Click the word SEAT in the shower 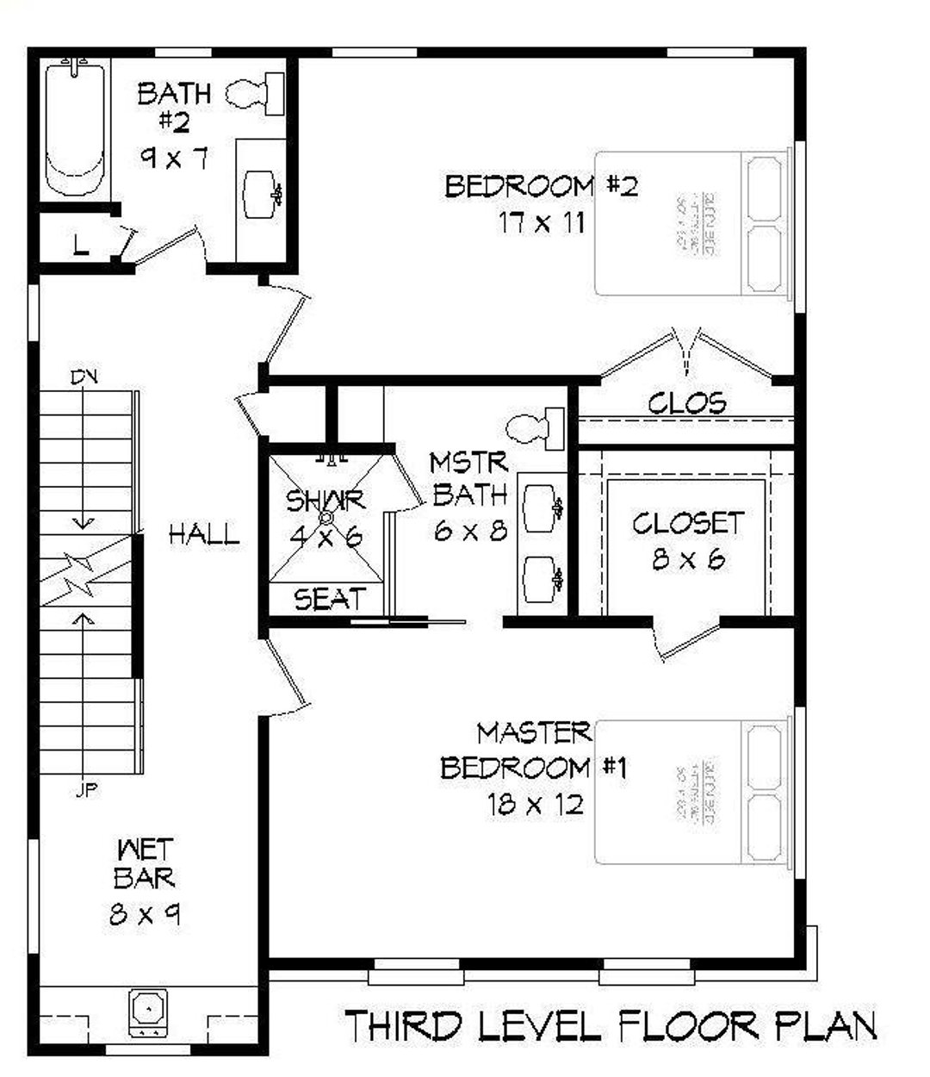click(330, 599)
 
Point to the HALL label click(203, 535)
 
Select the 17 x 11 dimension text click(542, 223)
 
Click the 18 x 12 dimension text click(535, 805)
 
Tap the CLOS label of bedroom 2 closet click(686, 402)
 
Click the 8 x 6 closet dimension click(688, 560)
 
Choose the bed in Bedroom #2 click(692, 223)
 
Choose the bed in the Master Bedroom click(692, 790)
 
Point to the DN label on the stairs click(84, 377)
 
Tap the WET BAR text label click(145, 864)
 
